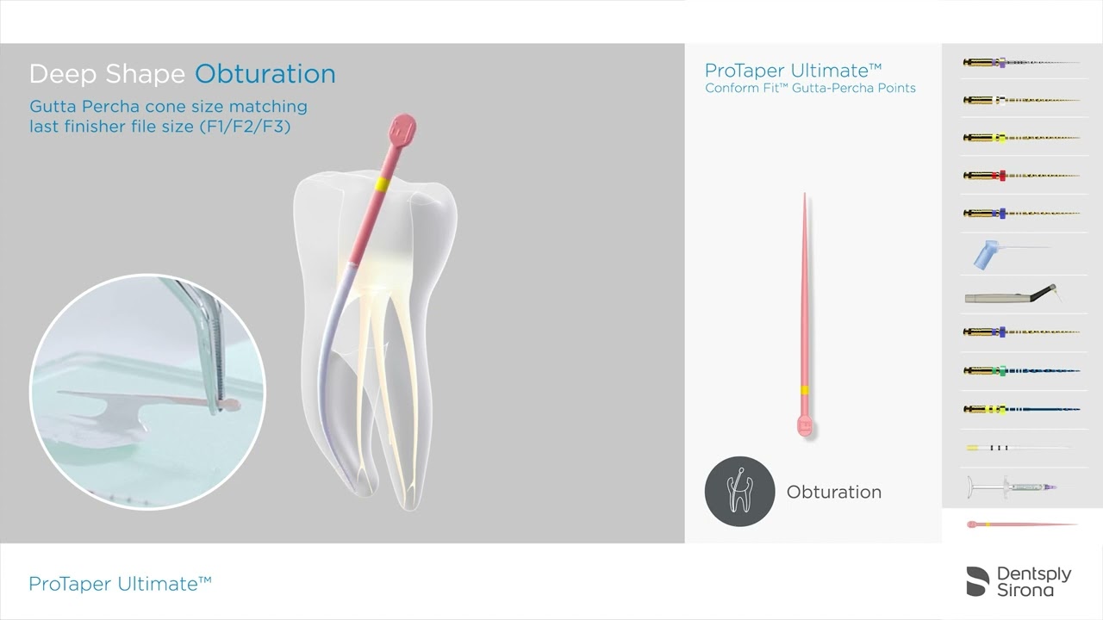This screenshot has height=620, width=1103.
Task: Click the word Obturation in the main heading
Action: pos(265,74)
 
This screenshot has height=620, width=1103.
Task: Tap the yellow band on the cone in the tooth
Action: pos(380,184)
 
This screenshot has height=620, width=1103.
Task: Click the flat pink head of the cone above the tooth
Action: pos(403,131)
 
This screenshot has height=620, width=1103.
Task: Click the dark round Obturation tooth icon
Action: pos(739,492)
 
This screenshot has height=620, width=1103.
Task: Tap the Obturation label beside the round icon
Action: pos(833,493)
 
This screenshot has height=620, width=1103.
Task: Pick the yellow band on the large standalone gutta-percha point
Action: pos(804,391)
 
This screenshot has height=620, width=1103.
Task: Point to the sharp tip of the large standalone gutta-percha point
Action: pos(805,196)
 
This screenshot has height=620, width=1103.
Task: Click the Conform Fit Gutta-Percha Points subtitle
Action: pos(810,89)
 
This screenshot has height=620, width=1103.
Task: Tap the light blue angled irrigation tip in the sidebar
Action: pos(991,254)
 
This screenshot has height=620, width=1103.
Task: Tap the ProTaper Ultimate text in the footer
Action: pos(120,584)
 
